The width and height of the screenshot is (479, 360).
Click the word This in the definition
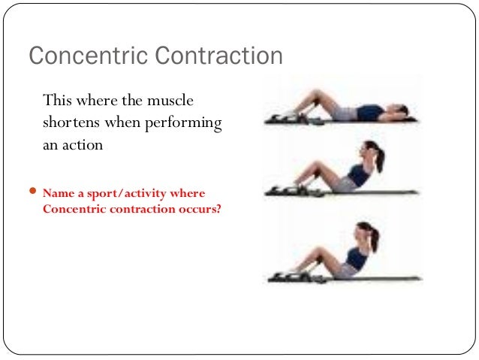click(58, 100)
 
